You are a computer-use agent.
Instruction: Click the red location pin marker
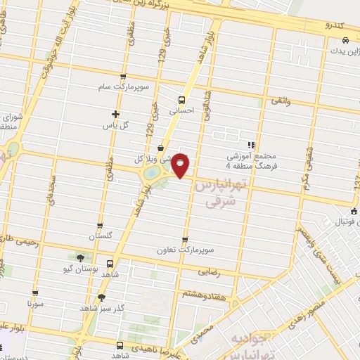click(181, 165)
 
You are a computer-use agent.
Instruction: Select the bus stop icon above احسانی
click(181, 100)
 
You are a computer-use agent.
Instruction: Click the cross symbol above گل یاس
click(116, 114)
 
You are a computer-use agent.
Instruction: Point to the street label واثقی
click(279, 102)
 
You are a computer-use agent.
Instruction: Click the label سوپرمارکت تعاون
click(185, 250)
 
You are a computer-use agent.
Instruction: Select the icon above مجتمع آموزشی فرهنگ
click(250, 145)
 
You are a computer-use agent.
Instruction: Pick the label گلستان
click(100, 236)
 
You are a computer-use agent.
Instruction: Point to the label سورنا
click(35, 304)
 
